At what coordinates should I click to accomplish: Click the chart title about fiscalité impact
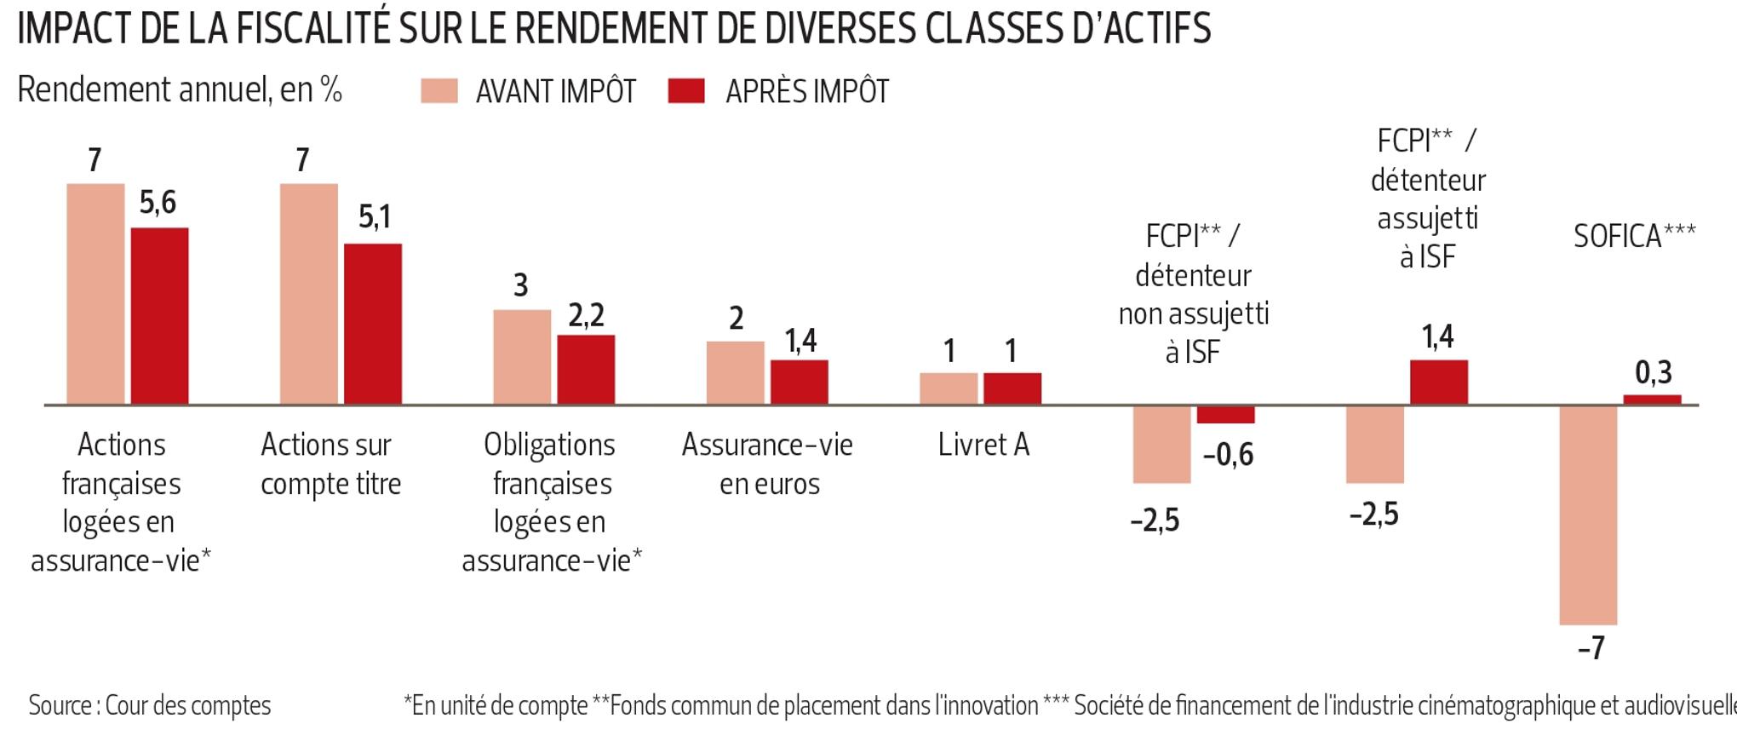click(x=613, y=27)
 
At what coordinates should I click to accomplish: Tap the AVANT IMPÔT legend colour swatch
click(x=439, y=91)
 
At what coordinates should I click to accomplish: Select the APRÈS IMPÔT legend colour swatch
click(x=686, y=91)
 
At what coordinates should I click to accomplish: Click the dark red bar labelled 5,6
click(x=159, y=315)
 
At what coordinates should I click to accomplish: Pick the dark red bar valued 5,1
click(x=373, y=324)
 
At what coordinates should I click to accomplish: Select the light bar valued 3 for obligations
click(x=522, y=357)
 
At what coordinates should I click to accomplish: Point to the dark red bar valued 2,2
click(x=586, y=369)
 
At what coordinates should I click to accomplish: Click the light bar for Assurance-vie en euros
click(x=735, y=372)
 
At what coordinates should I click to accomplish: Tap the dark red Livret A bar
click(x=1012, y=388)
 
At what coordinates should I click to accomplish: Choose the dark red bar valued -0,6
click(x=1225, y=414)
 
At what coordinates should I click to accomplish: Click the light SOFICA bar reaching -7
click(x=1588, y=514)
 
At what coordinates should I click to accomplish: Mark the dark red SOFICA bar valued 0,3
click(x=1652, y=399)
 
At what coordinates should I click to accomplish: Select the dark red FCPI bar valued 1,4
click(x=1439, y=382)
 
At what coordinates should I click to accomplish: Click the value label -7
click(x=1591, y=648)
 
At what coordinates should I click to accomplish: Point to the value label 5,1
click(x=375, y=217)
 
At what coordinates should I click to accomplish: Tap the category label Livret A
click(x=983, y=445)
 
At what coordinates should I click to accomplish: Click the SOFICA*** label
click(x=1634, y=236)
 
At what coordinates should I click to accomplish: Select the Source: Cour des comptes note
click(x=150, y=705)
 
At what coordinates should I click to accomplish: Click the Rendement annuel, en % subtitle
click(x=180, y=89)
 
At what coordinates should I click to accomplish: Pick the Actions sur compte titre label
click(x=330, y=464)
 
